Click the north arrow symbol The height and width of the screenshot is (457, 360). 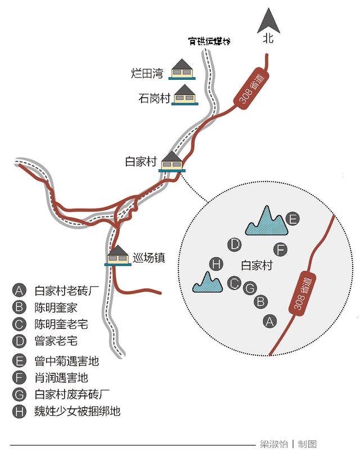268,22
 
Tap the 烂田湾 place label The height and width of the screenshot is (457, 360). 147,73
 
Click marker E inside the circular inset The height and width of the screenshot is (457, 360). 291,219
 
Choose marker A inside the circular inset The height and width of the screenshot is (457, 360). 270,321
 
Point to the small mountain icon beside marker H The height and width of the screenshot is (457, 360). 208,283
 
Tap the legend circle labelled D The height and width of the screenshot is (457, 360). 19,341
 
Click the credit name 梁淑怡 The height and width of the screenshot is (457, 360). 274,444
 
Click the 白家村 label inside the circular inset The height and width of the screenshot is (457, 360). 256,265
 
